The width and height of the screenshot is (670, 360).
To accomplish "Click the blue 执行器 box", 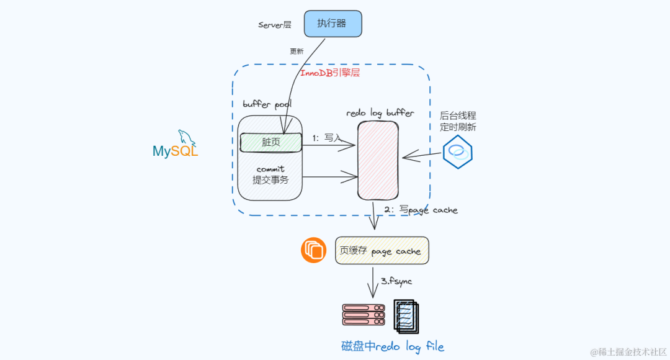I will pyautogui.click(x=332, y=24).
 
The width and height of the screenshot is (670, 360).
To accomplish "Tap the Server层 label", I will pyautogui.click(x=275, y=25).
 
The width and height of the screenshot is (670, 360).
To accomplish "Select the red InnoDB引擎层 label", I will pyautogui.click(x=330, y=73).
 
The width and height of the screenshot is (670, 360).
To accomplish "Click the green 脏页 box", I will pyautogui.click(x=270, y=142).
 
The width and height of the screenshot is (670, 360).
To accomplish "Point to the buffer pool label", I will pyautogui.click(x=267, y=104).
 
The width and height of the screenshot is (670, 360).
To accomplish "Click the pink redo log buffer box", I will pyautogui.click(x=378, y=160).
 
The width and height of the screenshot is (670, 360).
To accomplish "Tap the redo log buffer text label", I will pyautogui.click(x=380, y=113).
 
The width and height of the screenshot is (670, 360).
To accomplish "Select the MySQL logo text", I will pyautogui.click(x=176, y=151).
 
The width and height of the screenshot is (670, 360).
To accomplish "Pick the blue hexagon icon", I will pyautogui.click(x=458, y=151).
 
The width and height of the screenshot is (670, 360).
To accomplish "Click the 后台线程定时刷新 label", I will pyautogui.click(x=458, y=121).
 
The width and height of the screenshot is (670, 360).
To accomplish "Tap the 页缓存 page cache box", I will pyautogui.click(x=382, y=251).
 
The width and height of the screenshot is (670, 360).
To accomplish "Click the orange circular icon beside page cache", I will pyautogui.click(x=314, y=250).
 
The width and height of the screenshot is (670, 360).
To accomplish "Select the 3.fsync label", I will pyautogui.click(x=396, y=281).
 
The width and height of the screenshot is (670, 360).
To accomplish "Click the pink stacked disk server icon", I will pyautogui.click(x=364, y=315).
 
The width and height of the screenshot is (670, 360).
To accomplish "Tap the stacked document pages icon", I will pyautogui.click(x=406, y=315).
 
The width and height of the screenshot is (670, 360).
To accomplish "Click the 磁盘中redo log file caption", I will pyautogui.click(x=393, y=346).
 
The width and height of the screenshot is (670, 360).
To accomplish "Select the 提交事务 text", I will pyautogui.click(x=270, y=180).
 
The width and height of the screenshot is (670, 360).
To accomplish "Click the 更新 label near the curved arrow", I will pyautogui.click(x=297, y=52).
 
